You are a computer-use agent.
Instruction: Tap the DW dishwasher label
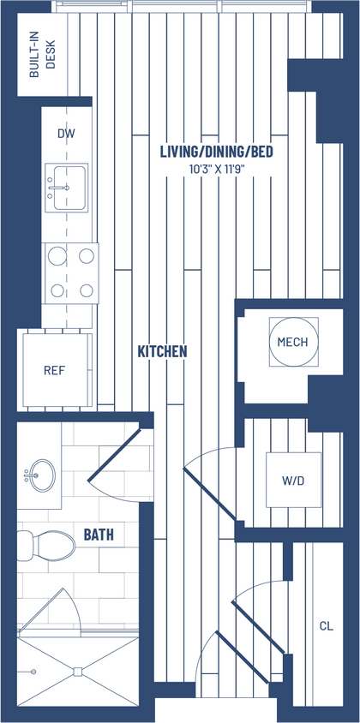click(66, 134)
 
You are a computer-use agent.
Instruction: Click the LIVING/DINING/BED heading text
click(217, 152)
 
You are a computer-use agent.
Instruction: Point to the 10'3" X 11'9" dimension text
click(217, 169)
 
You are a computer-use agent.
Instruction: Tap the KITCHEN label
click(162, 351)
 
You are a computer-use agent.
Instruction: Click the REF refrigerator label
click(55, 371)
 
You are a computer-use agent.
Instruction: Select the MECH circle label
click(292, 342)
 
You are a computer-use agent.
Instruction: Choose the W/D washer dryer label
click(292, 481)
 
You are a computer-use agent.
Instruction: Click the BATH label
click(99, 535)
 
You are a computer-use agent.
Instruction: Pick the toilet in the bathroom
click(48, 543)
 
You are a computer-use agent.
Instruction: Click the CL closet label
click(326, 626)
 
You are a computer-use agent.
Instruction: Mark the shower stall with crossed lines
click(77, 671)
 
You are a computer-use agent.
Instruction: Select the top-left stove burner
click(57, 255)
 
